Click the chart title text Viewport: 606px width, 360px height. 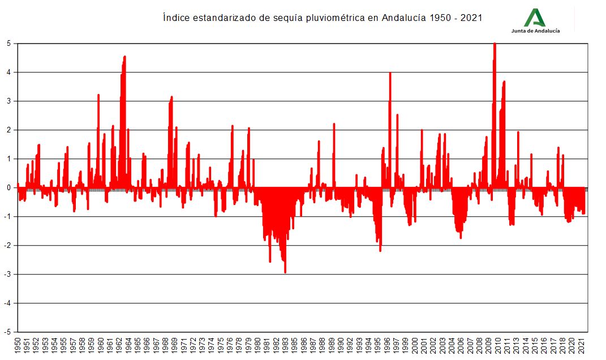click(322, 18)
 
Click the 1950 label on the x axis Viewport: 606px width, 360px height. click(18, 346)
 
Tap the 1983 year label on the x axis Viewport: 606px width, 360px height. click(285, 346)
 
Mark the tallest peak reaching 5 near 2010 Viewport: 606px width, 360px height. click(495, 45)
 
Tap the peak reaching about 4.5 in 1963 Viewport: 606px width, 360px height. click(124, 57)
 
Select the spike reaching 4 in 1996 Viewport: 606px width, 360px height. click(390, 74)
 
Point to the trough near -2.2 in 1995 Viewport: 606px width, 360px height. click(380, 250)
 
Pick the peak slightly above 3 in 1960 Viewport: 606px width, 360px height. click(98, 96)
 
